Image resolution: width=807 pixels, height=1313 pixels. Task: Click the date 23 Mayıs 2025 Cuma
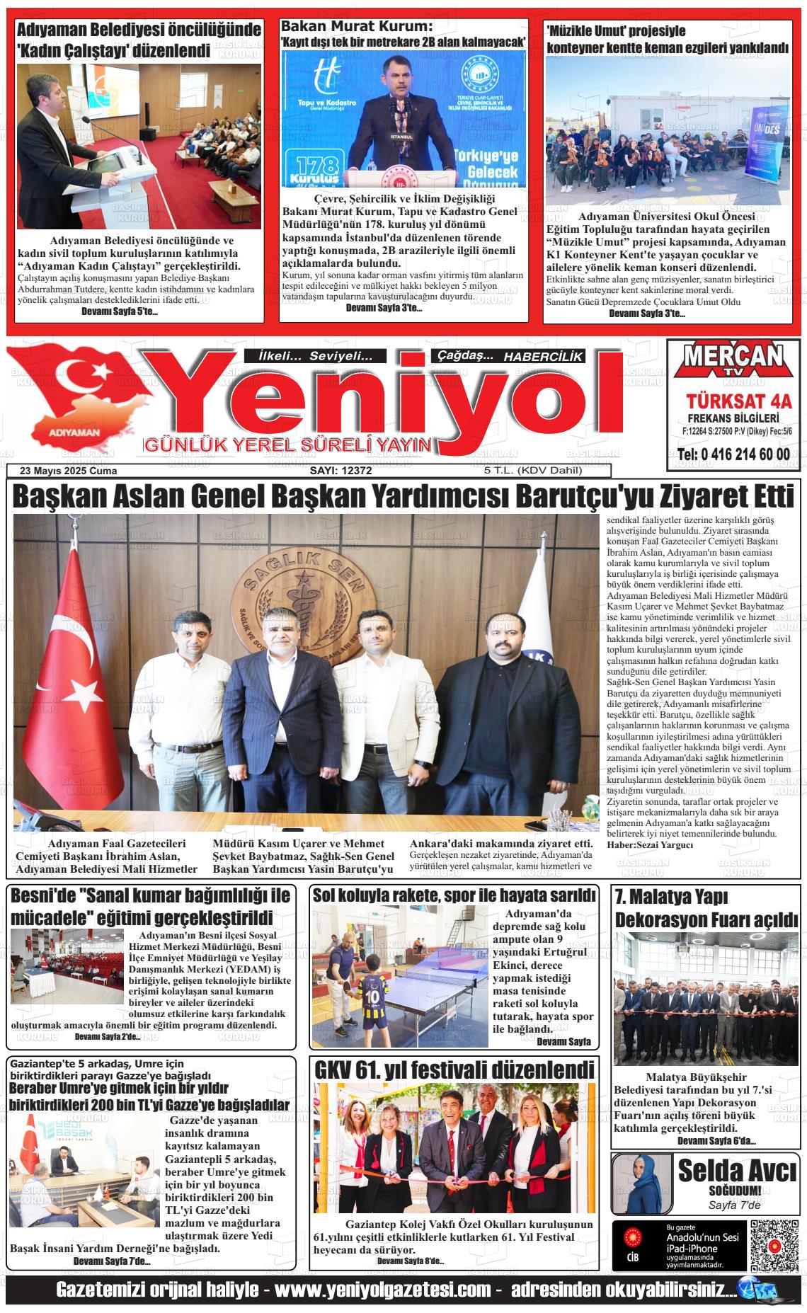pyautogui.click(x=69, y=471)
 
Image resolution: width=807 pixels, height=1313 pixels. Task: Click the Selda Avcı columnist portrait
pyautogui.click(x=641, y=1183)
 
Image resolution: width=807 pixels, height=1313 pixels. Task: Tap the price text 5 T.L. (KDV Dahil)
pyautogui.click(x=532, y=471)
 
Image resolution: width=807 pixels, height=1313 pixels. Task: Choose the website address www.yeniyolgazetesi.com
pyautogui.click(x=382, y=1290)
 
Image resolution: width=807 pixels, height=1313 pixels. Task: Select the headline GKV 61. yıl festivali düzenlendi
pyautogui.click(x=454, y=1069)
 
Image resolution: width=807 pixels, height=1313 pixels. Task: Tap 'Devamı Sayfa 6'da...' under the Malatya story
pyautogui.click(x=716, y=1140)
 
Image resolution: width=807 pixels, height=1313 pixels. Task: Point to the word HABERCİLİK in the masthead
pyautogui.click(x=544, y=357)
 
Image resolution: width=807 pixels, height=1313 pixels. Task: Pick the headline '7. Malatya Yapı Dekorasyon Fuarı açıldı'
pyautogui.click(x=706, y=908)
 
